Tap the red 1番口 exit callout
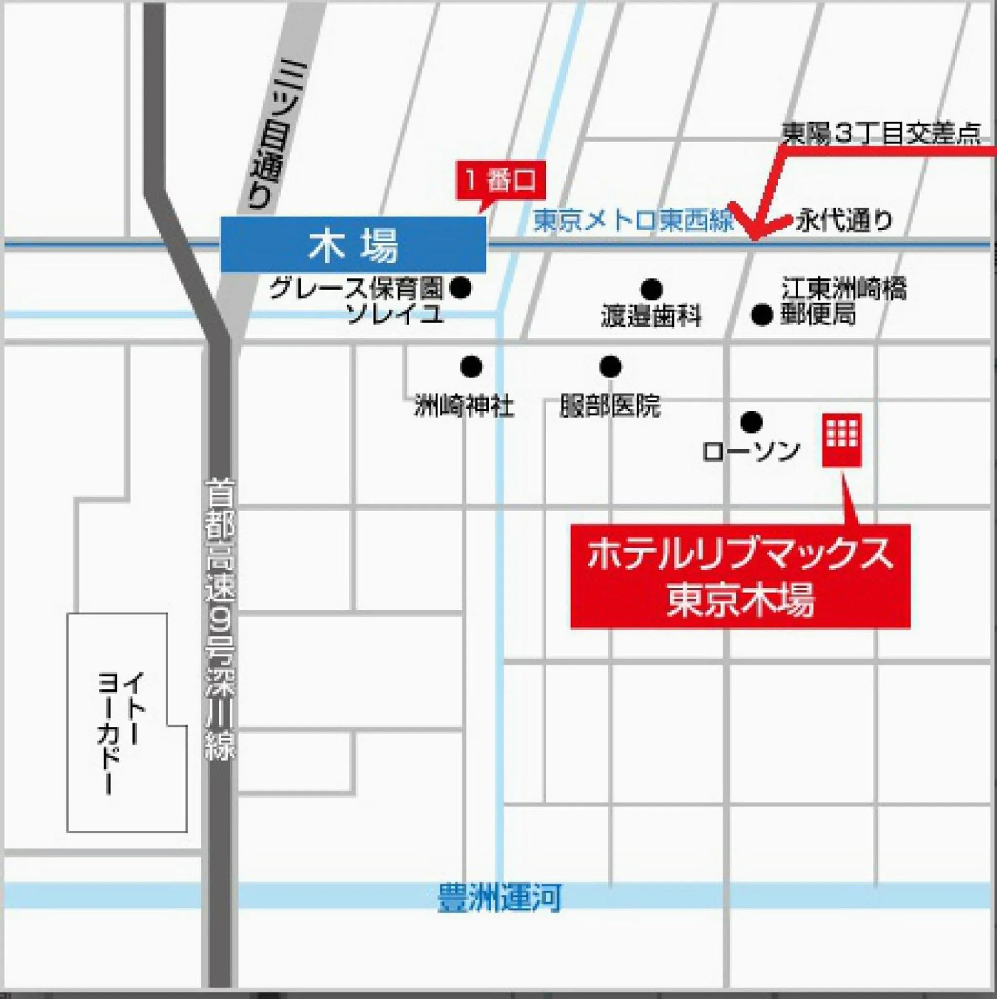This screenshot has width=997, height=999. click(x=500, y=182)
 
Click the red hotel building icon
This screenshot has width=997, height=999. click(x=842, y=440)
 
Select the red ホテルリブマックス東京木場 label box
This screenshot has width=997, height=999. click(x=740, y=576)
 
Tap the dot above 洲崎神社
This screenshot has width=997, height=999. click(x=471, y=367)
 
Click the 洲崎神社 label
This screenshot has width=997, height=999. click(x=464, y=407)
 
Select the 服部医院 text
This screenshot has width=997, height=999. click(x=610, y=407)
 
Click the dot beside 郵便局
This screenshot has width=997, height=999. click(x=761, y=315)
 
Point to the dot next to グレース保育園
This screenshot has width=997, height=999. click(x=461, y=288)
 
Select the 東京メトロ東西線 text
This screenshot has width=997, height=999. click(x=633, y=222)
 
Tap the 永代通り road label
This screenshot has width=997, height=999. click(x=844, y=222)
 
